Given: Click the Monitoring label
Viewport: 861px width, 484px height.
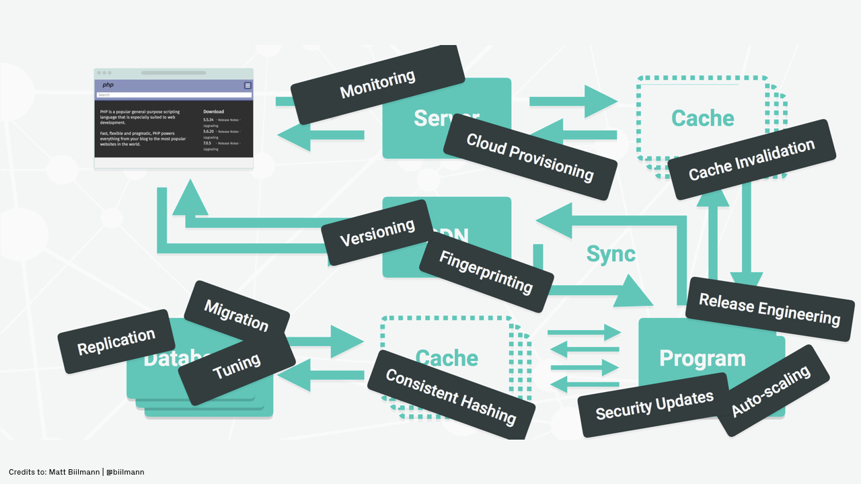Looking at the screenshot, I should click(377, 85).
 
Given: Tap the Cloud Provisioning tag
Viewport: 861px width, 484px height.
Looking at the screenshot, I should click(530, 157).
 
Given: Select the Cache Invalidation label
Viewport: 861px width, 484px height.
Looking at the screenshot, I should click(751, 159).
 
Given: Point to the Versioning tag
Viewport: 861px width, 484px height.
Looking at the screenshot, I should click(377, 233).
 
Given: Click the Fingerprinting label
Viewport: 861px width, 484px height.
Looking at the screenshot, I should click(486, 272).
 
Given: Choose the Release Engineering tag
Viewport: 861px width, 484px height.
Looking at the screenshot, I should click(770, 309).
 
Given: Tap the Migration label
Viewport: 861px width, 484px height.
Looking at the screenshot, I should click(236, 315).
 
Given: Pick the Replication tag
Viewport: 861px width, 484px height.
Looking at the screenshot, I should click(116, 341).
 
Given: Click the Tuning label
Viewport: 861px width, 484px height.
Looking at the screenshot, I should click(236, 366).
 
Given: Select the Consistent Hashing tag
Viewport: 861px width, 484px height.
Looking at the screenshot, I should click(451, 396).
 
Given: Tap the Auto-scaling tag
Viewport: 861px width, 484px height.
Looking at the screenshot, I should click(771, 391).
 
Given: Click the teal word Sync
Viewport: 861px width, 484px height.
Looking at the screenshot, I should click(611, 253).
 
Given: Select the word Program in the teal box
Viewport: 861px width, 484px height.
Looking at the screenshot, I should click(702, 358).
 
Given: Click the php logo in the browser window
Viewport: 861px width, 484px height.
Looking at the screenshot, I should click(108, 85).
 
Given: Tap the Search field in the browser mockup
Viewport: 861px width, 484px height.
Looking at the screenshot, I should click(174, 95).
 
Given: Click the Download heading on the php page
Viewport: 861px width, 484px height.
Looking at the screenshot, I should click(213, 112).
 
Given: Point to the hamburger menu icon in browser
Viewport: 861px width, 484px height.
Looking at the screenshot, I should click(248, 85).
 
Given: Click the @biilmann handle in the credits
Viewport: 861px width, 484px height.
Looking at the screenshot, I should click(125, 472).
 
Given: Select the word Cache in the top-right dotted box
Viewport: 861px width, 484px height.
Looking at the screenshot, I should click(702, 118).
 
